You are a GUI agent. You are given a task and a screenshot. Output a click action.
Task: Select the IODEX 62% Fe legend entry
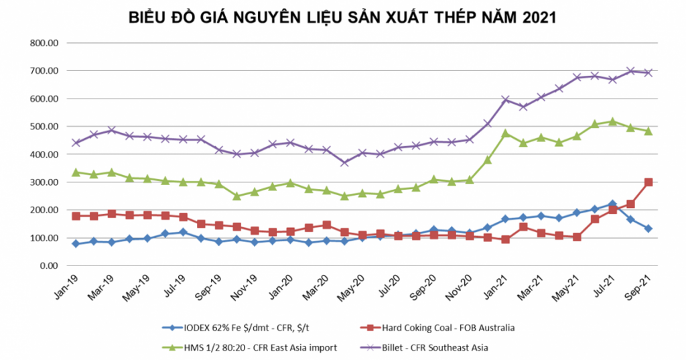pos(247,328)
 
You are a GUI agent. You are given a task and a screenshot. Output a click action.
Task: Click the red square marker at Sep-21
pos(648,182)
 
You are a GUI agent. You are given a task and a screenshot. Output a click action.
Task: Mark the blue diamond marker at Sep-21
pos(648,229)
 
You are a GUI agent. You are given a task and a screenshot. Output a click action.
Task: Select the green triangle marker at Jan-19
pos(76,172)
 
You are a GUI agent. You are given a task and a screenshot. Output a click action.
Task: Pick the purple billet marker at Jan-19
pos(76,143)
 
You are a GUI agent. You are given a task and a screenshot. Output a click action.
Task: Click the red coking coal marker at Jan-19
pos(76,216)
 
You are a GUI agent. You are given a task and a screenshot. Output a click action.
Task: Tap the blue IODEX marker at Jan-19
pos(76,244)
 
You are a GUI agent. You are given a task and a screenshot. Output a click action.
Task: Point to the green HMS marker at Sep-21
pos(648,131)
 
